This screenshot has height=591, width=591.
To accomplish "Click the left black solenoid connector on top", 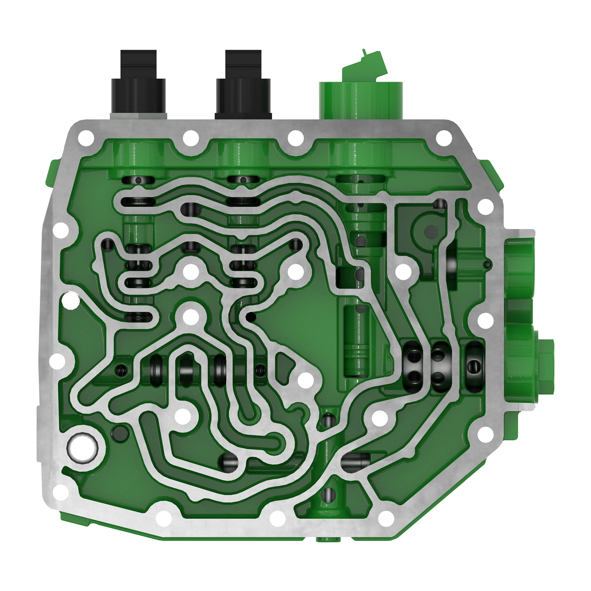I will (138, 84).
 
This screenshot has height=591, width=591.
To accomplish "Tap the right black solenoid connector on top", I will (243, 84).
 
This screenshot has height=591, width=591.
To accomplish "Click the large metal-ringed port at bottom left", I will (83, 448).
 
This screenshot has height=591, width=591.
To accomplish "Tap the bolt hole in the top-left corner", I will (86, 138).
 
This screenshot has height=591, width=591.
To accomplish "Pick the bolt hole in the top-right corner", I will (444, 138).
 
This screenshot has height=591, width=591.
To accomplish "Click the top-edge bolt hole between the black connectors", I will (191, 138).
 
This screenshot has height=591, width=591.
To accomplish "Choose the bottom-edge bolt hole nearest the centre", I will (277, 518).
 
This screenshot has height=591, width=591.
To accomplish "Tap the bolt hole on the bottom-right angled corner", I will (387, 518).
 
